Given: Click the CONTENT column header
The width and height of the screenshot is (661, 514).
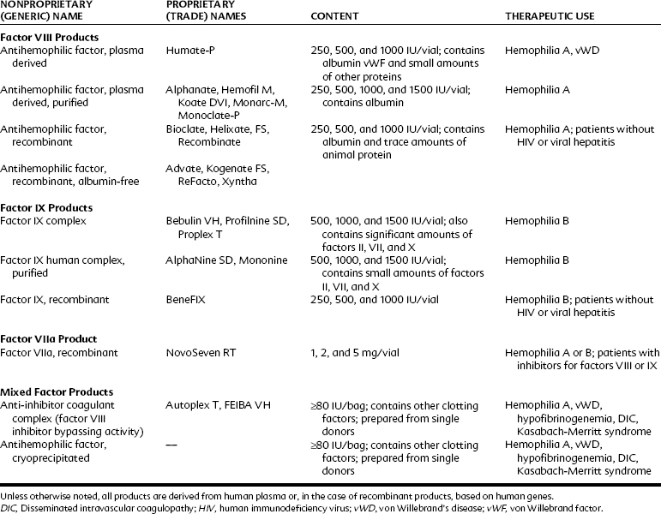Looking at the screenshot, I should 334,17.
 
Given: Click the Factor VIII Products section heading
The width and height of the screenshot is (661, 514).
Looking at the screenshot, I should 49,38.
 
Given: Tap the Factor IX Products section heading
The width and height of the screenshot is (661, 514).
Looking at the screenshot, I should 47,208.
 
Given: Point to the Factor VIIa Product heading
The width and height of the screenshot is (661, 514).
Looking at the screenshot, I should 48,339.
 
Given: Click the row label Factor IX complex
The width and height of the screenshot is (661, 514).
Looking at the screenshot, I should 42,221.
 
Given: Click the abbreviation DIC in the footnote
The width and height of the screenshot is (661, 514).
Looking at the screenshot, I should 9,507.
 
